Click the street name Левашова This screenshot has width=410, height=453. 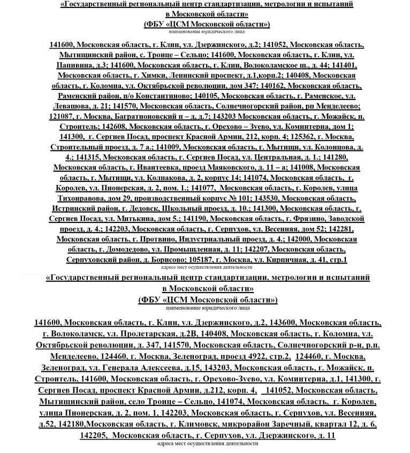[71, 106]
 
